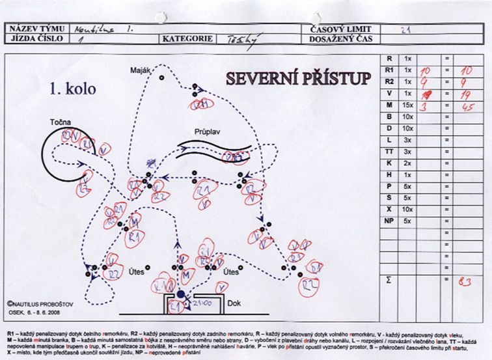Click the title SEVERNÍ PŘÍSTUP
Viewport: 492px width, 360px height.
pos(299,79)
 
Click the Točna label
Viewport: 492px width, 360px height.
pos(60,122)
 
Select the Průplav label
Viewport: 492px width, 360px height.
pos(206,130)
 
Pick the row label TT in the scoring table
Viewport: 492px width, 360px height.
pos(389,152)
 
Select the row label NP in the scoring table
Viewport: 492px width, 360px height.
pos(389,221)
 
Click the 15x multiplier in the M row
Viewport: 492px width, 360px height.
pos(408,105)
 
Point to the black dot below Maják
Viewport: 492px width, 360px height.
pos(162,77)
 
